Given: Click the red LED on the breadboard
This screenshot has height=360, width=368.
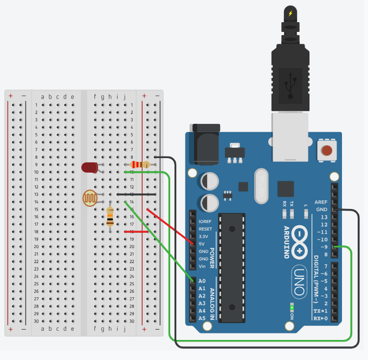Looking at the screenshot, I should (89, 167).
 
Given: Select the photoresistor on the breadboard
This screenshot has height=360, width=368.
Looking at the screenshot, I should (91, 198).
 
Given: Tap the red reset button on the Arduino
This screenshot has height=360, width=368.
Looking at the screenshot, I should (327, 150).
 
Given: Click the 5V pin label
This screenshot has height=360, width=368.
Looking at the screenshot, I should (202, 244).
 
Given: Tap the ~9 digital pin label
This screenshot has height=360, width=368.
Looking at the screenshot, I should (322, 247).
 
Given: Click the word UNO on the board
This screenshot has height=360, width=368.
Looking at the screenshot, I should (299, 282).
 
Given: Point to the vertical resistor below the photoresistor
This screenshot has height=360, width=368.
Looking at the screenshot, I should (110, 217).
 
